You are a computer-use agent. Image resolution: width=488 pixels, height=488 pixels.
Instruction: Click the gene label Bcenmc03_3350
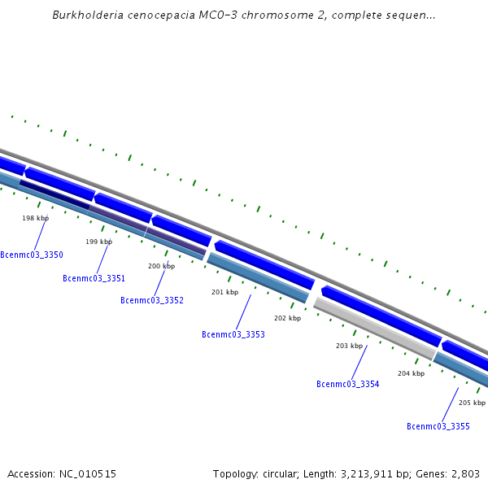pos(32,255)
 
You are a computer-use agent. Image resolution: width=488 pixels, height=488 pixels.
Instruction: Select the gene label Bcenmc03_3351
pos(94,278)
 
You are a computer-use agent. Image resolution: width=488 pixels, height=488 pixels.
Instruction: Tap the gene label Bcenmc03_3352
pos(152,300)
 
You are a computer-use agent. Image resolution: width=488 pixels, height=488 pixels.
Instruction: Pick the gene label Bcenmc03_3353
pos(233,334)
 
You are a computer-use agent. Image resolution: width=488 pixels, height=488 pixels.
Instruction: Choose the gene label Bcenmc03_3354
pos(348,384)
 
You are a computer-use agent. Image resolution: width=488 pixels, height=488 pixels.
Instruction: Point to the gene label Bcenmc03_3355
pos(438,426)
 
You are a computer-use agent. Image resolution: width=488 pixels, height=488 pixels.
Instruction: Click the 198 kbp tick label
pos(35,218)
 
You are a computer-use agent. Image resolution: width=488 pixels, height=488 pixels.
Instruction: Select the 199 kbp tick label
pos(99,242)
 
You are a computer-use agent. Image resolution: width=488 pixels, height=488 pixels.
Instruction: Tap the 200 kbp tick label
pos(161,266)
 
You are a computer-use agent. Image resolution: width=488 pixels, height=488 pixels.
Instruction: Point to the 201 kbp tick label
pos(224,292)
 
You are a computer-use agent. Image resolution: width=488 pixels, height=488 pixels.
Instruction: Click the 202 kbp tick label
pos(287,318)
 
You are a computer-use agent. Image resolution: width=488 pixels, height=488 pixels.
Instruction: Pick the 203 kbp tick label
pos(349,346)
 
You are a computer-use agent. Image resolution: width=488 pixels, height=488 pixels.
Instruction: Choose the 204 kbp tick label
pos(411,373)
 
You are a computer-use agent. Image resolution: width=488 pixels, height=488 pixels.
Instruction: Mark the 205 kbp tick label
pos(472,403)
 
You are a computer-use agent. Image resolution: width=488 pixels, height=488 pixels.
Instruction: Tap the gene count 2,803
pos(464,473)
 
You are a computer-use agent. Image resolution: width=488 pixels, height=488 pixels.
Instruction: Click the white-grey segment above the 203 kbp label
pos(374,328)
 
